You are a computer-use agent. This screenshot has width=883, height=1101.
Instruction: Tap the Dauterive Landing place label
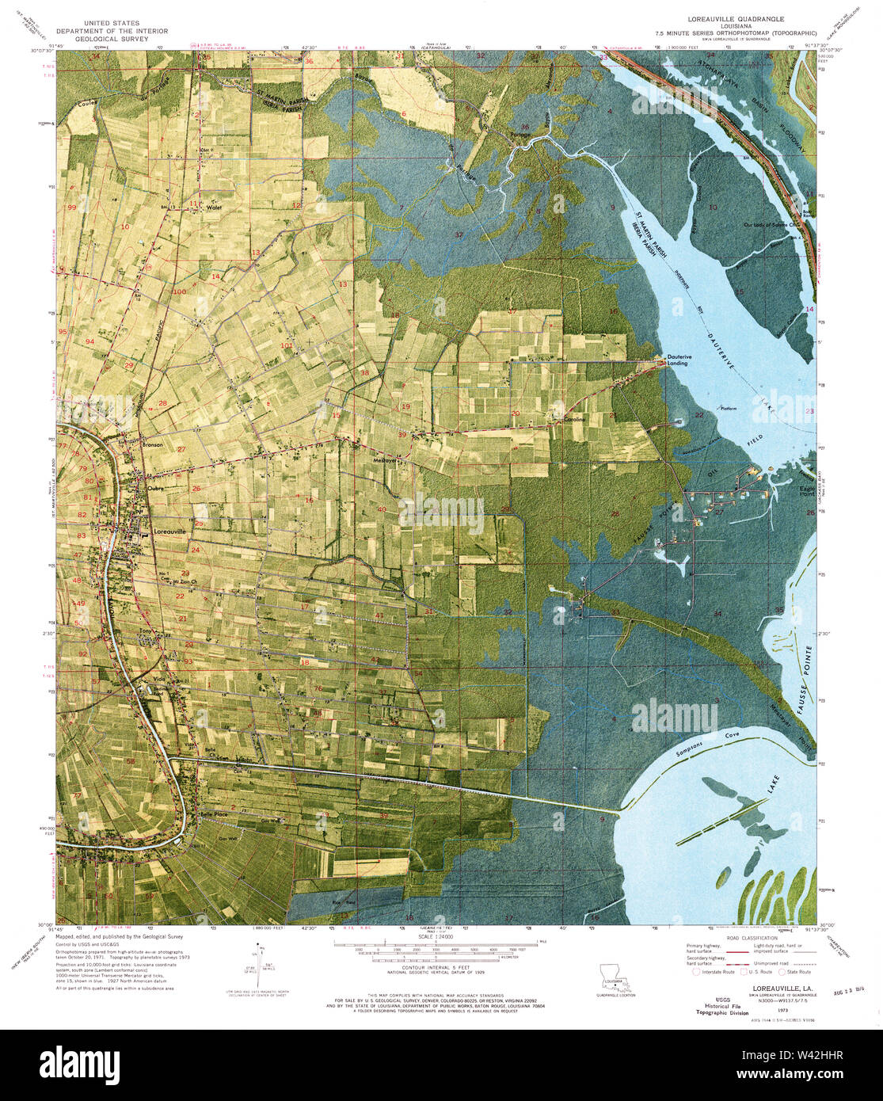(x=677, y=360)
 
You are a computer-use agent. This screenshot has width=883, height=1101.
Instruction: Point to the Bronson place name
(x=152, y=445)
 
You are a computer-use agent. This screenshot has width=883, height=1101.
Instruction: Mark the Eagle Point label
(x=807, y=492)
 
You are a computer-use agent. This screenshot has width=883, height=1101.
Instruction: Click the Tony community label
(x=145, y=631)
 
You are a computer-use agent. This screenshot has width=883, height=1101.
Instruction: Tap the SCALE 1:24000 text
(x=432, y=937)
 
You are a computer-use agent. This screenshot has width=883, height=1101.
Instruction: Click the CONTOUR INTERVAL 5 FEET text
(x=432, y=967)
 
